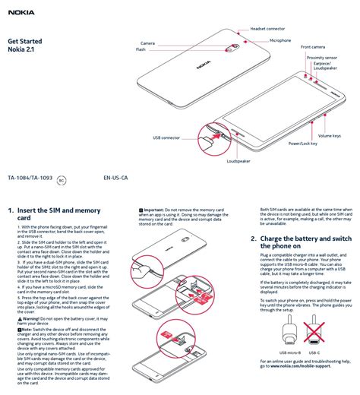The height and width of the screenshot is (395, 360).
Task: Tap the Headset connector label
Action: tap(267, 27)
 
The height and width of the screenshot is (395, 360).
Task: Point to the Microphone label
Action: tap(279, 39)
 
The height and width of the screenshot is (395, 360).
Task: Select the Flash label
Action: tap(141, 49)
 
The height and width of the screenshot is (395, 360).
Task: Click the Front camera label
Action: tap(312, 46)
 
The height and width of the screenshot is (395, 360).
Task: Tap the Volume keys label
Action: tap(329, 135)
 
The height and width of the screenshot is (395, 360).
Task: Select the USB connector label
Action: tap(166, 137)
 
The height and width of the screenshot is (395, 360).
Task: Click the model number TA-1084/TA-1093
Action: tap(30, 179)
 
